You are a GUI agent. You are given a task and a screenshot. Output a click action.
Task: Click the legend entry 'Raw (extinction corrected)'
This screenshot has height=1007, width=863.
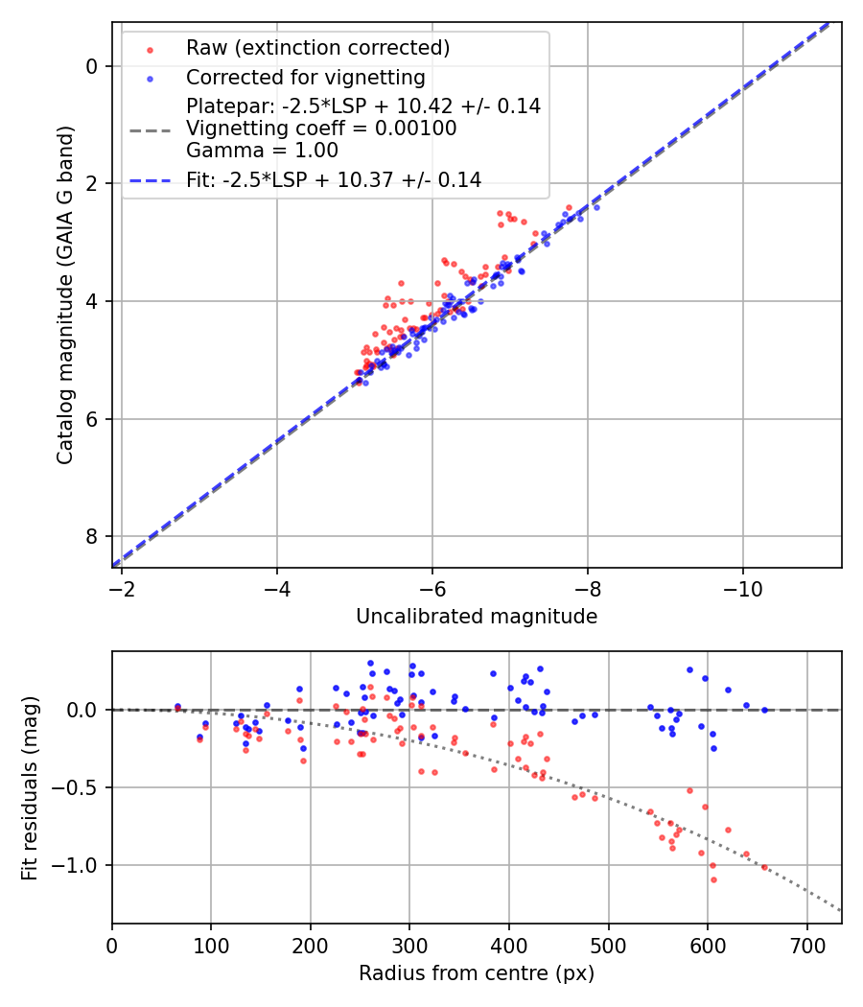[x=317, y=48]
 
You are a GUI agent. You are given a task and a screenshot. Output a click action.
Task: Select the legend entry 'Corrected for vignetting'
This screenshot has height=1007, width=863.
[x=305, y=77]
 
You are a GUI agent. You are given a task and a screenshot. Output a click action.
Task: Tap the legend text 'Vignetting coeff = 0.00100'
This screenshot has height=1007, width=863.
[x=321, y=129]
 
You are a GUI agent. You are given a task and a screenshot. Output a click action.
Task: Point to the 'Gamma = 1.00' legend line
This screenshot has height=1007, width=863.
[x=262, y=150]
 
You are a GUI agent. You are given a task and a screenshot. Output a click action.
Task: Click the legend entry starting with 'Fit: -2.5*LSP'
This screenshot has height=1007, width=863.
[x=333, y=179]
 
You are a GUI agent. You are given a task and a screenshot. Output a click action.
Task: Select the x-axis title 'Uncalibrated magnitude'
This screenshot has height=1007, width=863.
[x=477, y=617]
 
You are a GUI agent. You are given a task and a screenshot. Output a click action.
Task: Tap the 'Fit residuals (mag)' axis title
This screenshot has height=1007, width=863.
[x=30, y=787]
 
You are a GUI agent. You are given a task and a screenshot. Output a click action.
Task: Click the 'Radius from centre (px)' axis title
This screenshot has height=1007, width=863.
[x=477, y=973]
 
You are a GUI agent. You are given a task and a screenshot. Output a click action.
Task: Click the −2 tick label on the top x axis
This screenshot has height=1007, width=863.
[x=122, y=586]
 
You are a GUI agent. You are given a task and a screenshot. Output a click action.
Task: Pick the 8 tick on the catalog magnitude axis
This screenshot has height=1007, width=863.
[x=93, y=536]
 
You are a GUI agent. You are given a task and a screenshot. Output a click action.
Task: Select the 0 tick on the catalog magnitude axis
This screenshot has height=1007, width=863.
[x=93, y=66]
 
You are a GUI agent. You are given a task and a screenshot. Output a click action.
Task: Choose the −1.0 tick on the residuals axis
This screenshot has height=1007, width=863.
[x=81, y=865]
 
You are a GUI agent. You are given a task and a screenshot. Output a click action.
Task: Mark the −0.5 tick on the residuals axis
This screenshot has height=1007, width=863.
[x=81, y=787]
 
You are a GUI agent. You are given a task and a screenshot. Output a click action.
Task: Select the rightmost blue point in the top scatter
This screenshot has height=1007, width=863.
[x=595, y=207]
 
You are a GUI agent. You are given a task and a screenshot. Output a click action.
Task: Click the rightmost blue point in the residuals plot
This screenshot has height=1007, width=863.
[x=764, y=710]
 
